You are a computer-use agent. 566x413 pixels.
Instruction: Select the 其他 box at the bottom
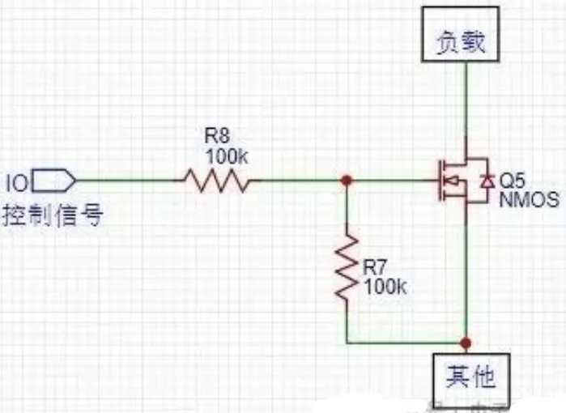pyautogui.click(x=470, y=377)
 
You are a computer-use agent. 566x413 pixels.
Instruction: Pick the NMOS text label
pyautogui.click(x=524, y=199)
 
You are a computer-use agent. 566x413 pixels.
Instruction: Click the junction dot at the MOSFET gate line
pyautogui.click(x=347, y=181)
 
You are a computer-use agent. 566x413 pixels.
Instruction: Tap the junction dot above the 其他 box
pyautogui.click(x=466, y=342)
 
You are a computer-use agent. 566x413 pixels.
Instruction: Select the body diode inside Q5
pyautogui.click(x=485, y=181)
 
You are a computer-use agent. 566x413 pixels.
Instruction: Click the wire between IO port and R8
pyautogui.click(x=130, y=181)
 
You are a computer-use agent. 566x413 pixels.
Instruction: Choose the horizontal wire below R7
pyautogui.click(x=405, y=342)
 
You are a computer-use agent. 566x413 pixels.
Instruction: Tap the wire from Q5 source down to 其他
pyautogui.click(x=466, y=275)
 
